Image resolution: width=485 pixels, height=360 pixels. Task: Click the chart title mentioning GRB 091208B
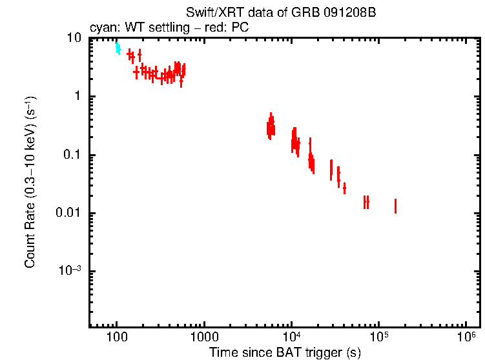pos(280,14)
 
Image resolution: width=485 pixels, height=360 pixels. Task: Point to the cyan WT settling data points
pos(118,48)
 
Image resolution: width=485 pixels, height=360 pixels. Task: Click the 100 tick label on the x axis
pos(117,337)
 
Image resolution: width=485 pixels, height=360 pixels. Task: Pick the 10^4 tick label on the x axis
pos(291,337)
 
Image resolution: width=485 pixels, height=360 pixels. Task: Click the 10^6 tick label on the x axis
pos(466,337)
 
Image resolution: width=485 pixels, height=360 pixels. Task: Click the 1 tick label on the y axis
pos(77,97)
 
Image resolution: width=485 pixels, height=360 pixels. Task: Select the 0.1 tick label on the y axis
pos(72,155)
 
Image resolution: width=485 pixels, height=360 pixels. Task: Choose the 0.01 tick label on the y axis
pos(69,213)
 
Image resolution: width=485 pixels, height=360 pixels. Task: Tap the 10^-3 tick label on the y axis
pos(70,271)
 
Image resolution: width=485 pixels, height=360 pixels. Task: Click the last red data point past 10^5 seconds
pos(395,206)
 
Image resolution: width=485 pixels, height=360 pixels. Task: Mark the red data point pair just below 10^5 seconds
pos(366,202)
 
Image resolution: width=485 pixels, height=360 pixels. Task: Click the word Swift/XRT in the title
pos(208,14)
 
